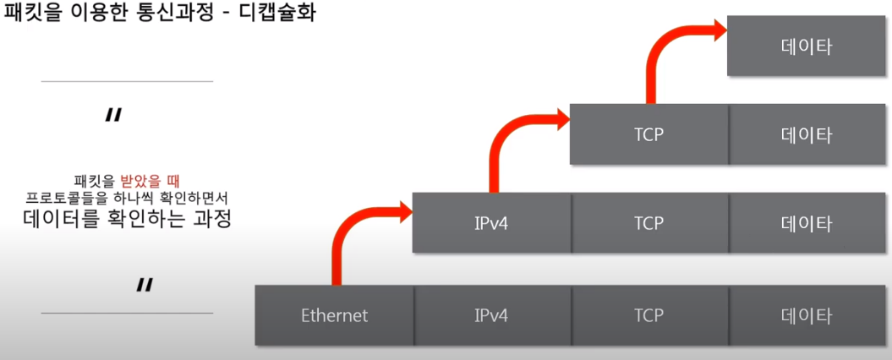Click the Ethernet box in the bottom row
coord(335,315)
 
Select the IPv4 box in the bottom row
coord(491,315)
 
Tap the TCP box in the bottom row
coord(648,315)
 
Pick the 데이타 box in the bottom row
coord(807,315)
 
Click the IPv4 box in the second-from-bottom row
coord(491,223)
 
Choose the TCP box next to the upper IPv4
coord(648,223)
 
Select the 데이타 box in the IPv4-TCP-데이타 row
coord(807,223)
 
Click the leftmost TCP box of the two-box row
coord(648,134)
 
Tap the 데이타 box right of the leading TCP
coord(807,134)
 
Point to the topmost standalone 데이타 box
coord(807,46)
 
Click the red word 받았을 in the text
coord(145,180)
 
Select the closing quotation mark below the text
coord(144,286)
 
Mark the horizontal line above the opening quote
coord(127,82)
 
